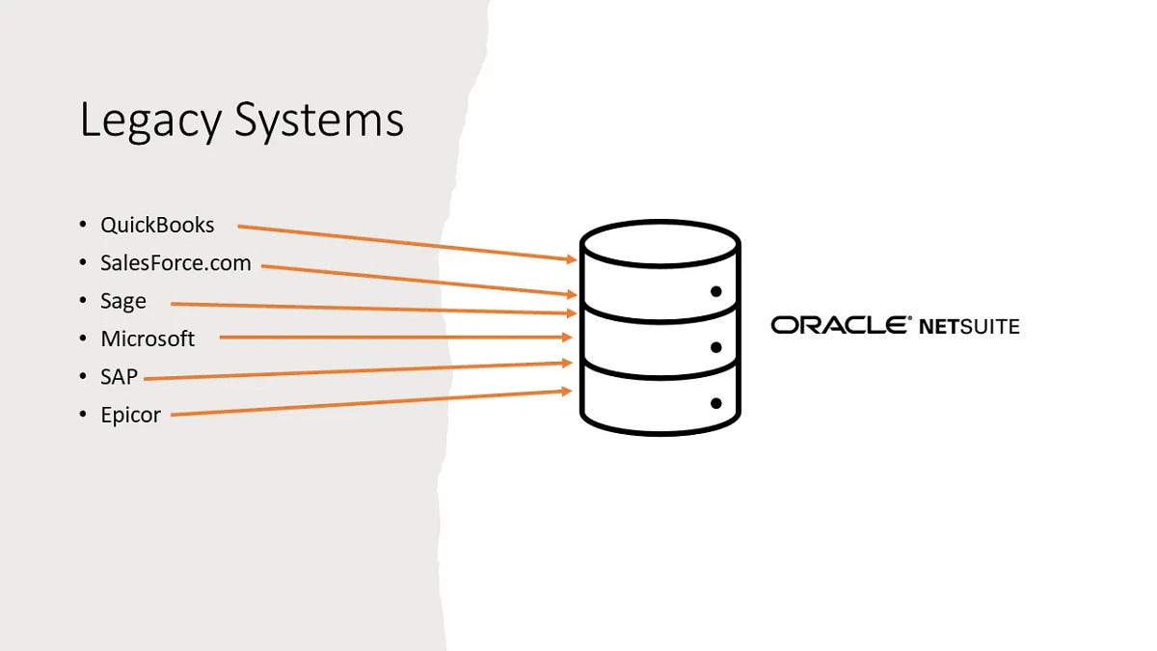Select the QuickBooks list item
click(157, 226)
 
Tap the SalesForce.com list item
click(175, 262)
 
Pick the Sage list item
click(123, 301)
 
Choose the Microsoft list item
click(148, 339)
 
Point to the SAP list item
click(120, 377)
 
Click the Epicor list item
click(130, 415)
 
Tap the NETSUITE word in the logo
click(968, 326)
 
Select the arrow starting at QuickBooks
click(405, 243)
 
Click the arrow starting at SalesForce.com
click(419, 280)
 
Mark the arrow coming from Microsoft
click(395, 337)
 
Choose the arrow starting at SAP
click(357, 371)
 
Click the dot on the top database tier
click(715, 290)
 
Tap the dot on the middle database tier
click(715, 346)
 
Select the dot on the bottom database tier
click(715, 403)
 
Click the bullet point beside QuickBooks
click(83, 226)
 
